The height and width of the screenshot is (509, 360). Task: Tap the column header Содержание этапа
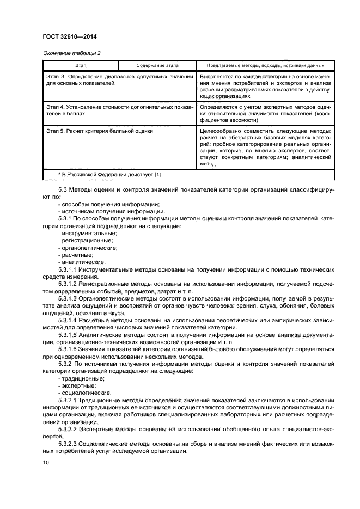tap(158, 65)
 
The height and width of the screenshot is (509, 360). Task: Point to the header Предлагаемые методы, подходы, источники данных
tap(266, 65)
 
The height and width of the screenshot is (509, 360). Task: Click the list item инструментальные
tap(87, 232)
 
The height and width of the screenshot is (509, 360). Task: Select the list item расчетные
tap(77, 254)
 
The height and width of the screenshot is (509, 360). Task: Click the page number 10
tap(46, 463)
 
